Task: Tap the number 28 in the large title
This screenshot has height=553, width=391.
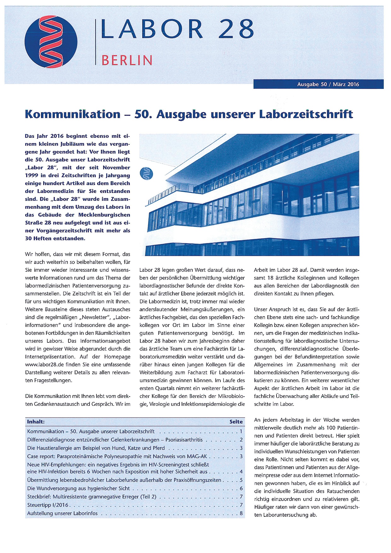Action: [x=236, y=29]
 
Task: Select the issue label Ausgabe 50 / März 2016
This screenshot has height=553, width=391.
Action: [x=328, y=84]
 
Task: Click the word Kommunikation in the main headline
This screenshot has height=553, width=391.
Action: [x=73, y=114]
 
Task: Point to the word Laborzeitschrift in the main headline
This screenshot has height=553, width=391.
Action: [x=306, y=114]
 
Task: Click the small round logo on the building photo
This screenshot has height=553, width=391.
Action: [x=147, y=174]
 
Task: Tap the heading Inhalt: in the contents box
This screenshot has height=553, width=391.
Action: [x=36, y=422]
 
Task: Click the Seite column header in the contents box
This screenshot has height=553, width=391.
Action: [x=236, y=422]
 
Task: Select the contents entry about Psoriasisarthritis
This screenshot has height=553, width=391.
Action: [x=115, y=439]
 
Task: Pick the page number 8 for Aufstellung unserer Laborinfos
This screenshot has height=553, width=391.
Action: [x=241, y=513]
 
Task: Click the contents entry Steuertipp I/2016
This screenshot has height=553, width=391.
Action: [x=48, y=505]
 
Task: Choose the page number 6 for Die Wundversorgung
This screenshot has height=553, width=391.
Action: [x=241, y=488]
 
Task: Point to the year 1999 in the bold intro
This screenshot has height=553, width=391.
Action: [x=32, y=175]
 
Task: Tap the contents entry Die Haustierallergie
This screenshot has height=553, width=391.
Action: [x=96, y=448]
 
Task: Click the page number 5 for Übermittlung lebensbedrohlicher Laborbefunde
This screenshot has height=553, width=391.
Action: [x=241, y=480]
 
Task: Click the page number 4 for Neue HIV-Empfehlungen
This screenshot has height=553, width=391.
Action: [x=241, y=472]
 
